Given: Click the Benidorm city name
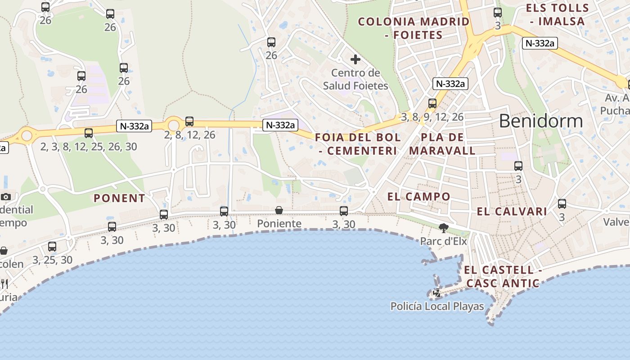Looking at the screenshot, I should click(x=540, y=121).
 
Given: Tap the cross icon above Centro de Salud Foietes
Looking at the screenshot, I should click(x=355, y=59).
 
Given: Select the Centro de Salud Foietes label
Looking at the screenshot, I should click(x=355, y=79).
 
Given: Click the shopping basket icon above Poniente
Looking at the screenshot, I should click(x=279, y=210).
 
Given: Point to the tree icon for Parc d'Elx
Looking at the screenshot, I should click(x=444, y=228).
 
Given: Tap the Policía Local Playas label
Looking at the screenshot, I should click(x=437, y=306).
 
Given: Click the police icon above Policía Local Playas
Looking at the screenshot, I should click(x=436, y=293).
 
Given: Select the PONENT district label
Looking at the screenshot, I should click(x=119, y=198).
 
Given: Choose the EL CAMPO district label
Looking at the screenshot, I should click(x=418, y=196).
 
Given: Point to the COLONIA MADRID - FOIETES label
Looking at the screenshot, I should click(x=414, y=28).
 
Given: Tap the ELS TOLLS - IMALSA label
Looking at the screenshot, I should click(x=557, y=14).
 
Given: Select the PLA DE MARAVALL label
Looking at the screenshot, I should click(x=442, y=144).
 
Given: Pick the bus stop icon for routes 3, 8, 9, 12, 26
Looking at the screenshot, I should click(x=432, y=103).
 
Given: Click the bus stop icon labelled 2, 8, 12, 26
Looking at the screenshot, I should click(x=189, y=121).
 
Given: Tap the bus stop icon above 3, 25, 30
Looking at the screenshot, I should click(x=52, y=246).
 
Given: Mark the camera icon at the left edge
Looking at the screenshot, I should click(x=6, y=197).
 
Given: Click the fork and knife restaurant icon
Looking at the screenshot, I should click(x=4, y=283).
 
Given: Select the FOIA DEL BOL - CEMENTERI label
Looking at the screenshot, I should click(x=358, y=144).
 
